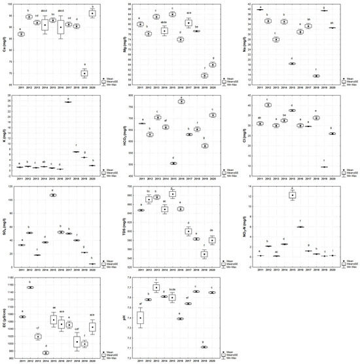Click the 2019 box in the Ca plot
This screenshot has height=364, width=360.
click(x=84, y=73)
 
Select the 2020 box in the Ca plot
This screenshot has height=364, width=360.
click(x=92, y=13)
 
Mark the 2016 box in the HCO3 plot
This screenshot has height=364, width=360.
click(x=181, y=101)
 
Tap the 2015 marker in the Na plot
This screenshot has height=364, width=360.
click(x=292, y=64)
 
